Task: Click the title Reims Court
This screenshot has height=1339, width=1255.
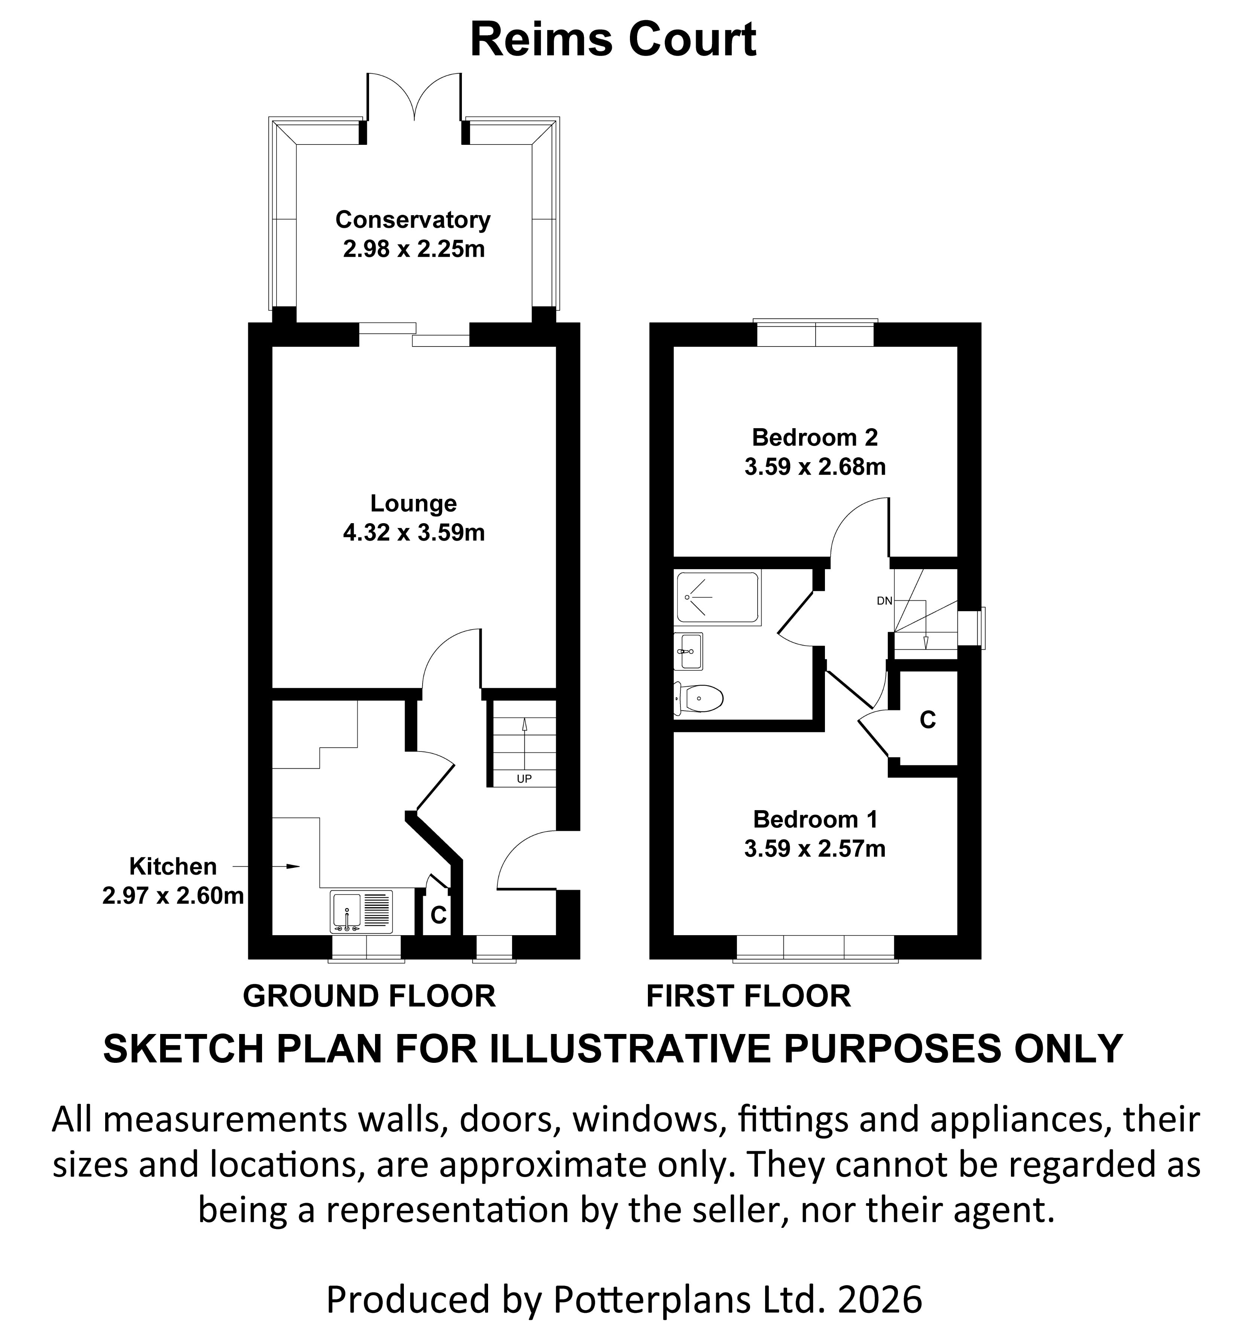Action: [613, 40]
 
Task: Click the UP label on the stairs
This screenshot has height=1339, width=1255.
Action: [524, 779]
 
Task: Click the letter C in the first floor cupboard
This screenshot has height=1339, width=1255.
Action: [927, 721]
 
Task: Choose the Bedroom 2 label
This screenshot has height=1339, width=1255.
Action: [814, 438]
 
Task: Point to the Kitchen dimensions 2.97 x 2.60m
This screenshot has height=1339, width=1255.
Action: [173, 896]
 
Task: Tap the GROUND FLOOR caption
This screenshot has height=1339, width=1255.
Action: [369, 996]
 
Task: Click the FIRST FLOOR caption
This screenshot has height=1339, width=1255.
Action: [749, 996]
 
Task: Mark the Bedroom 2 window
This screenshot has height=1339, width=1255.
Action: [815, 334]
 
